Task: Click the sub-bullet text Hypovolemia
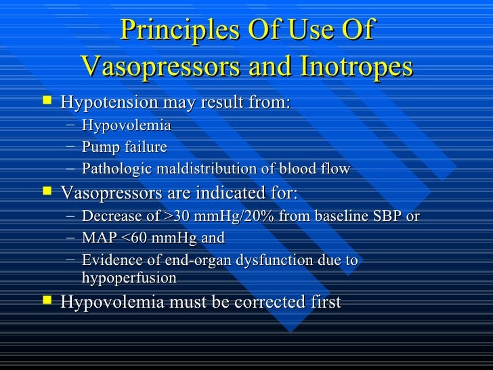[x=126, y=125]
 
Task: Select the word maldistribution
[x=204, y=169]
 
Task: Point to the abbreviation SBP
[x=388, y=217]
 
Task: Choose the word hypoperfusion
[x=129, y=278]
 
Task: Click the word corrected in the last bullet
[x=271, y=302]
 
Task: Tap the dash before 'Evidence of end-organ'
[x=71, y=261]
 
